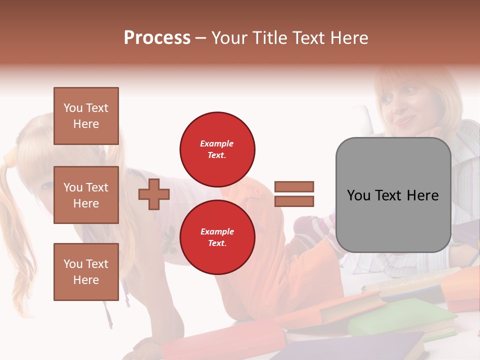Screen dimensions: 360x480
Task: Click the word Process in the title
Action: point(157,38)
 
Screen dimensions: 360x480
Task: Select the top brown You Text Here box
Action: point(86,116)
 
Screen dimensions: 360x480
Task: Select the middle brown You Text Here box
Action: point(86,195)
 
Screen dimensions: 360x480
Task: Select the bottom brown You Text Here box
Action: point(86,271)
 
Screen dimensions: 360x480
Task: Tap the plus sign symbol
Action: point(154,194)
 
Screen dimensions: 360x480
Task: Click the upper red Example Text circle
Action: point(217,149)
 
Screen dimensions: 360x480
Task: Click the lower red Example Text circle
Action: point(217,237)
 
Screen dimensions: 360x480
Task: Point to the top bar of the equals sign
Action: point(294,186)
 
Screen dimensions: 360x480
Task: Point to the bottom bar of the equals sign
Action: point(294,201)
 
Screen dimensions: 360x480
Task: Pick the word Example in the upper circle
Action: point(217,143)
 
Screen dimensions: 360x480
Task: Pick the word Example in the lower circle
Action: point(217,231)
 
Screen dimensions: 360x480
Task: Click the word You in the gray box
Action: point(359,195)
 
